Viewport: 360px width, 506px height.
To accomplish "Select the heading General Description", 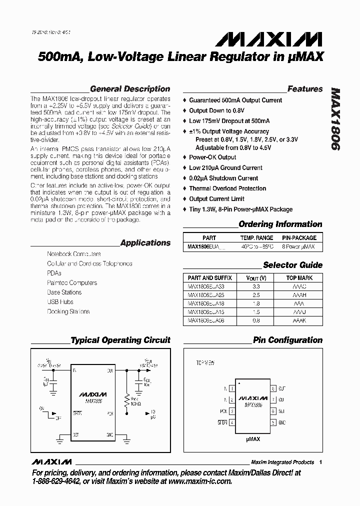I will pos(130,89).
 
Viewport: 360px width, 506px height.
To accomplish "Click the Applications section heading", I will pos(145,243).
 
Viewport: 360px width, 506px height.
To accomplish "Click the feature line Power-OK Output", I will pos(212,157).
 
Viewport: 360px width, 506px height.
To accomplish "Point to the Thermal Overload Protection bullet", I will pos(227,188).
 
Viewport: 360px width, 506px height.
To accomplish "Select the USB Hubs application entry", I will pos(60,302).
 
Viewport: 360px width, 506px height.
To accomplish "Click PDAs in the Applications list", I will pos(54,273).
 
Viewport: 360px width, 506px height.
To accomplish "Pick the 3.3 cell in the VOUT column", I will pos(256,287).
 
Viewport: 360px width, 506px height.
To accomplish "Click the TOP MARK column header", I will pos(299,277).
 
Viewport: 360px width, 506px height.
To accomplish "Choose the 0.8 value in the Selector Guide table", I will pos(256,320).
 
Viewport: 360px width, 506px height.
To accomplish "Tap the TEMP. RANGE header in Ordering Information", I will pos(256,238).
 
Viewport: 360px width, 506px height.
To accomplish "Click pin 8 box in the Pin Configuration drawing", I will pos(273,388).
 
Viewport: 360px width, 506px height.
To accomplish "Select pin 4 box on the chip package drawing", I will pos(231,422).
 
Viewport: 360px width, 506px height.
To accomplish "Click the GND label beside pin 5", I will pos(282,422).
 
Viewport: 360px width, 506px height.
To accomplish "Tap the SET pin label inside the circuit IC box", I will pos(76,434).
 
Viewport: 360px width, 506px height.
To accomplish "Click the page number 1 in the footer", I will pos(320,462).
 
